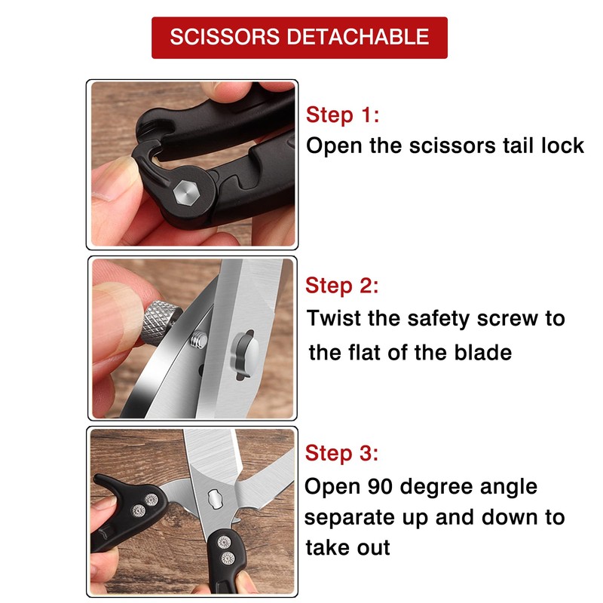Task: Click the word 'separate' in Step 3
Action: (x=352, y=518)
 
